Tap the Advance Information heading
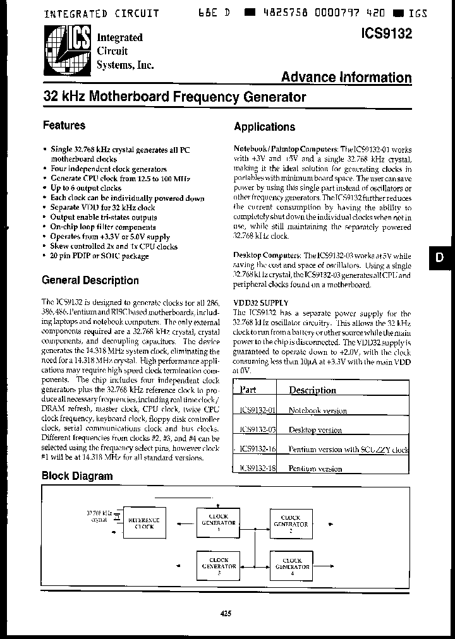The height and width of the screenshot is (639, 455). [346, 77]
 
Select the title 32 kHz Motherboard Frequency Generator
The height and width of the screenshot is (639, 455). [174, 97]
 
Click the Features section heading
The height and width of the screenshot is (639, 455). [64, 125]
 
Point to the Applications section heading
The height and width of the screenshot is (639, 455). [264, 126]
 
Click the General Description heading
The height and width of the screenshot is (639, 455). [90, 280]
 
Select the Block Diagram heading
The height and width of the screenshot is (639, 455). [77, 475]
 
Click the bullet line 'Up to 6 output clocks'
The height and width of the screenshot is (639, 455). [85, 188]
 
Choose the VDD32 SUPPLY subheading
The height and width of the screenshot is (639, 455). [260, 303]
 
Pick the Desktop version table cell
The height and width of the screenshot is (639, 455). [315, 430]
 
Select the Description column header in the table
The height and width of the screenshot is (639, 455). [312, 390]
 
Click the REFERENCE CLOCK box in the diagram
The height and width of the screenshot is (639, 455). [144, 523]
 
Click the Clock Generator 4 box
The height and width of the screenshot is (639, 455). [291, 563]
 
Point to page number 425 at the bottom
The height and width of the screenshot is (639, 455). [227, 612]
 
